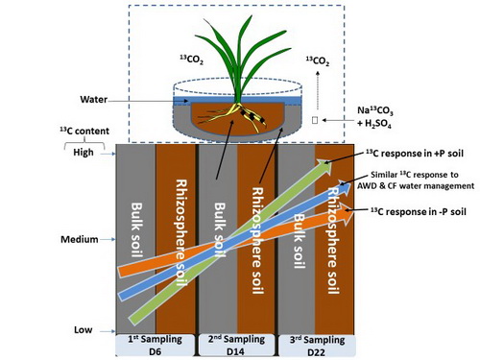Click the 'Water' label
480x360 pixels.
[93, 99]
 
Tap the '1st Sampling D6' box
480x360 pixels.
[155, 346]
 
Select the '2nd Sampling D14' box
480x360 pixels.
[236, 346]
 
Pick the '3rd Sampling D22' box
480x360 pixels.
[317, 346]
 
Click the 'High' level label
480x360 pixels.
[84, 152]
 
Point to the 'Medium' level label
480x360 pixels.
[80, 239]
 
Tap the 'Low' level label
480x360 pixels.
[83, 329]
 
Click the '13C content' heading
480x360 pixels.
[84, 131]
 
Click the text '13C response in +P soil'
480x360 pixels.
[415, 154]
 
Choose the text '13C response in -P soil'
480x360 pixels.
[419, 211]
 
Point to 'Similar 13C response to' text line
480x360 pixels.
[415, 175]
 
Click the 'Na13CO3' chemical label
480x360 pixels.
[375, 110]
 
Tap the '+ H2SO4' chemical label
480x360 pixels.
[373, 124]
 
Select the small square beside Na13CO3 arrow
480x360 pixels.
[315, 120]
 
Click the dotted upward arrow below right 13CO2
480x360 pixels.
[318, 90]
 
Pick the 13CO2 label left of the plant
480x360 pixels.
[191, 60]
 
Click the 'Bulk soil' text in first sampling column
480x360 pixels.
[137, 230]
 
